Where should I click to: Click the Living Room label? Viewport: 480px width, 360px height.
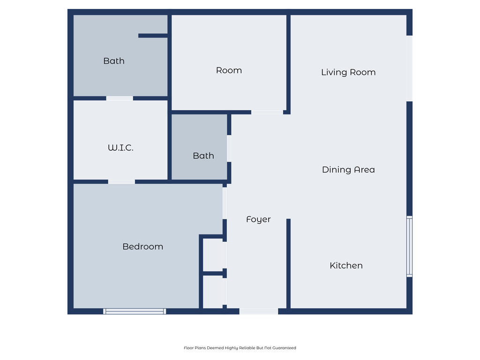click(x=348, y=72)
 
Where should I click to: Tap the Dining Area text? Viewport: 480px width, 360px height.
click(x=348, y=170)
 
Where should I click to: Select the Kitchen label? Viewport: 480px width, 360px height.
click(x=346, y=265)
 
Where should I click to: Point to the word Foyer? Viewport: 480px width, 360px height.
click(x=258, y=219)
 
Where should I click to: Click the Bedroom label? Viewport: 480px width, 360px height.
click(x=142, y=247)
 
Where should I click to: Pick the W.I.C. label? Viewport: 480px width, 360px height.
click(x=120, y=148)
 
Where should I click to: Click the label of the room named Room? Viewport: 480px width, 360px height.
click(x=229, y=70)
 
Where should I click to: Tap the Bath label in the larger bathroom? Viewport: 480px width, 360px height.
click(x=114, y=61)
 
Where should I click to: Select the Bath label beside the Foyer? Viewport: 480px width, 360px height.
click(x=203, y=156)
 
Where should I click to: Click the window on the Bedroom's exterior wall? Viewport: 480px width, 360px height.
click(x=135, y=311)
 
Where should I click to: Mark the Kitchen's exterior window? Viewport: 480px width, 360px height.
click(x=409, y=247)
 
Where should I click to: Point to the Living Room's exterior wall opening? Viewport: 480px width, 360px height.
click(x=409, y=68)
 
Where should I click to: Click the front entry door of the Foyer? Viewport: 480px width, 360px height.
click(x=259, y=311)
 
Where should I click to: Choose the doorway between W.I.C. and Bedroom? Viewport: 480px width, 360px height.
click(x=121, y=181)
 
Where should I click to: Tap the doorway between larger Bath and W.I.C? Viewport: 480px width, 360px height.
click(x=120, y=98)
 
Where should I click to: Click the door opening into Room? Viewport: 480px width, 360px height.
click(x=267, y=112)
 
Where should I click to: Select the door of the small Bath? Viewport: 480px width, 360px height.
click(x=229, y=149)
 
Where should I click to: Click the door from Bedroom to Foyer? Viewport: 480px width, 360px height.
click(x=225, y=202)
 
